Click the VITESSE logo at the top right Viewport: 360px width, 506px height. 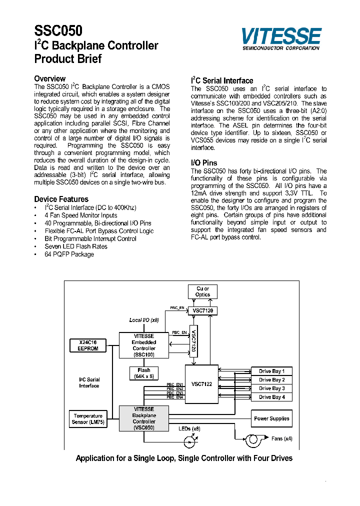point(281,38)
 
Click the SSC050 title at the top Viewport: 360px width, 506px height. point(58,31)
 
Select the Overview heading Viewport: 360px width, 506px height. point(49,78)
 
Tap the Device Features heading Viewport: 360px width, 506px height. point(61,199)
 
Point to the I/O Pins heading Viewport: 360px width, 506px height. point(204,163)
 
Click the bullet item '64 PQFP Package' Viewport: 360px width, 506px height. point(69,254)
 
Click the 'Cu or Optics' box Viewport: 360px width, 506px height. point(202,291)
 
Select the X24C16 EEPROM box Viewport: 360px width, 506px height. point(88,345)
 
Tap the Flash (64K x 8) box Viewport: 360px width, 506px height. point(143,373)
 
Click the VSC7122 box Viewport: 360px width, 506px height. point(201,384)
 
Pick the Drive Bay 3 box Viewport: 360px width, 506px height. point(271,388)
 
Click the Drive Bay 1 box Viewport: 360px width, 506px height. point(271,371)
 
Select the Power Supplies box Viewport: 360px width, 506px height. point(271,418)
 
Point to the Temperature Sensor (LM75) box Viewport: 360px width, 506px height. point(88,419)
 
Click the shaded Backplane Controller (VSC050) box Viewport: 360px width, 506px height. point(144,418)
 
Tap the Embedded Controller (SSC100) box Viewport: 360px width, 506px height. point(144,345)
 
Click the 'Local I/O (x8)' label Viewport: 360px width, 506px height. point(144,320)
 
